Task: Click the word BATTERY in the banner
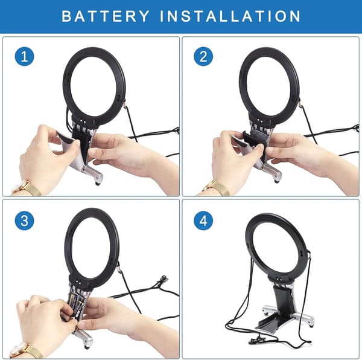pos(106,16)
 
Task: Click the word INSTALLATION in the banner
pos(230,16)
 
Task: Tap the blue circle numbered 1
pos(25,56)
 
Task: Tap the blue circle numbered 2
pos(203,56)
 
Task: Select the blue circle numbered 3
pos(25,220)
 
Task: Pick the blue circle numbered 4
pos(203,220)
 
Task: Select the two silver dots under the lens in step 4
pos(279,278)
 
